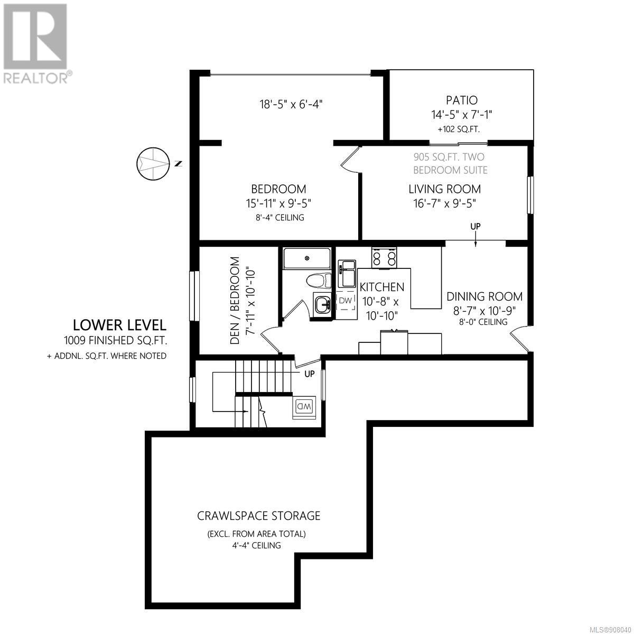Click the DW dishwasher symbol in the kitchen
coord(346,300)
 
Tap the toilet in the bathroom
coord(319,281)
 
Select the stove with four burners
coord(384,258)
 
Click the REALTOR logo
coord(35,43)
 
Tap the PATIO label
coord(462,100)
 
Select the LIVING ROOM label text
coord(444,189)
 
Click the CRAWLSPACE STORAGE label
coord(258,516)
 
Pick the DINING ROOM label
coord(484,296)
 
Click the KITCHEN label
coord(381,287)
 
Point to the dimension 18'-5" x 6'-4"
coord(291,105)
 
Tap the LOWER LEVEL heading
coord(119,325)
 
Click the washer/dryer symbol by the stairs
coord(304,407)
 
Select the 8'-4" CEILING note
coord(280,218)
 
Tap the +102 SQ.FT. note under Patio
coord(459,129)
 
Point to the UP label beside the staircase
coord(309,374)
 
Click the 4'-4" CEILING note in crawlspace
coord(257,545)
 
